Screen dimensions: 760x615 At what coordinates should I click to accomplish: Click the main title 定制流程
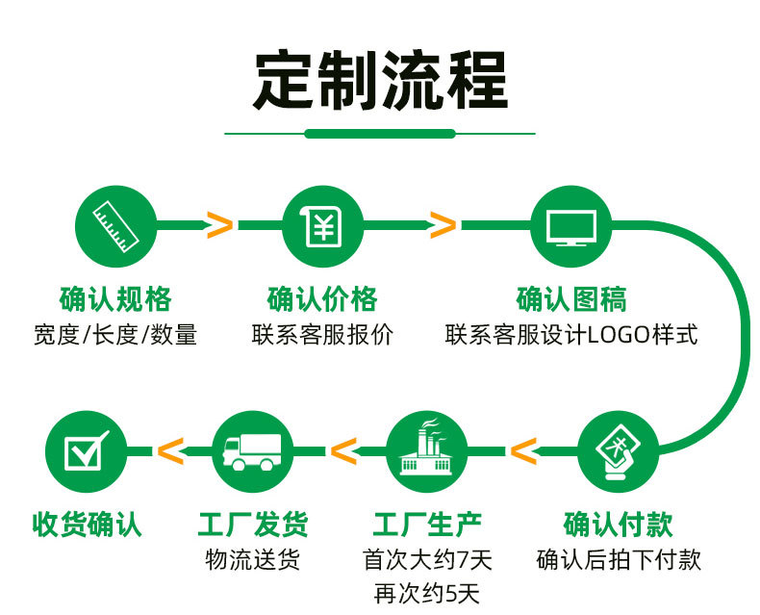click(381, 81)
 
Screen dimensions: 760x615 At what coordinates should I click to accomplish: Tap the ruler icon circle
click(115, 226)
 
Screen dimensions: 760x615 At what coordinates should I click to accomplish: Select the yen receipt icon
click(323, 226)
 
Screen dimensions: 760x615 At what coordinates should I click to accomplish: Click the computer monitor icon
click(571, 227)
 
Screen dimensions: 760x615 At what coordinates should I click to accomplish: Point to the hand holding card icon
click(618, 452)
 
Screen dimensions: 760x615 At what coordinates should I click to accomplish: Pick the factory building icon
click(426, 447)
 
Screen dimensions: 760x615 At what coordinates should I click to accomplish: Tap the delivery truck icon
click(252, 451)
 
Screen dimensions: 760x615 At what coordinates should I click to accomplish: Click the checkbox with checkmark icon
click(87, 450)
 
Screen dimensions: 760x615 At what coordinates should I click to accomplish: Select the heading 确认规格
click(115, 299)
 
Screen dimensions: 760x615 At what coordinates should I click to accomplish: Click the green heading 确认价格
click(322, 299)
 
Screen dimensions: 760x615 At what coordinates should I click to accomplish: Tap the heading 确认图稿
click(571, 299)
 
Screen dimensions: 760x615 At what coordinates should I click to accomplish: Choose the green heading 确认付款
click(618, 525)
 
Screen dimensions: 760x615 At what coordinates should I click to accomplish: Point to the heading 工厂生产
click(427, 525)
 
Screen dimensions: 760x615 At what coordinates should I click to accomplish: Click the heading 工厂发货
click(252, 525)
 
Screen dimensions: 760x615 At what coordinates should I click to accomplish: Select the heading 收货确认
click(87, 525)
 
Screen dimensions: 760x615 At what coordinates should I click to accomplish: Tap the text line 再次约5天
click(426, 594)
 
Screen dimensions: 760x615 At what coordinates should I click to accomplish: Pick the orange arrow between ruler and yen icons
click(219, 225)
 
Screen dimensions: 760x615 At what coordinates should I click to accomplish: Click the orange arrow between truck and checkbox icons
click(170, 451)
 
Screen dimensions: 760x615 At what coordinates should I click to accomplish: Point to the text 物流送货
click(252, 559)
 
